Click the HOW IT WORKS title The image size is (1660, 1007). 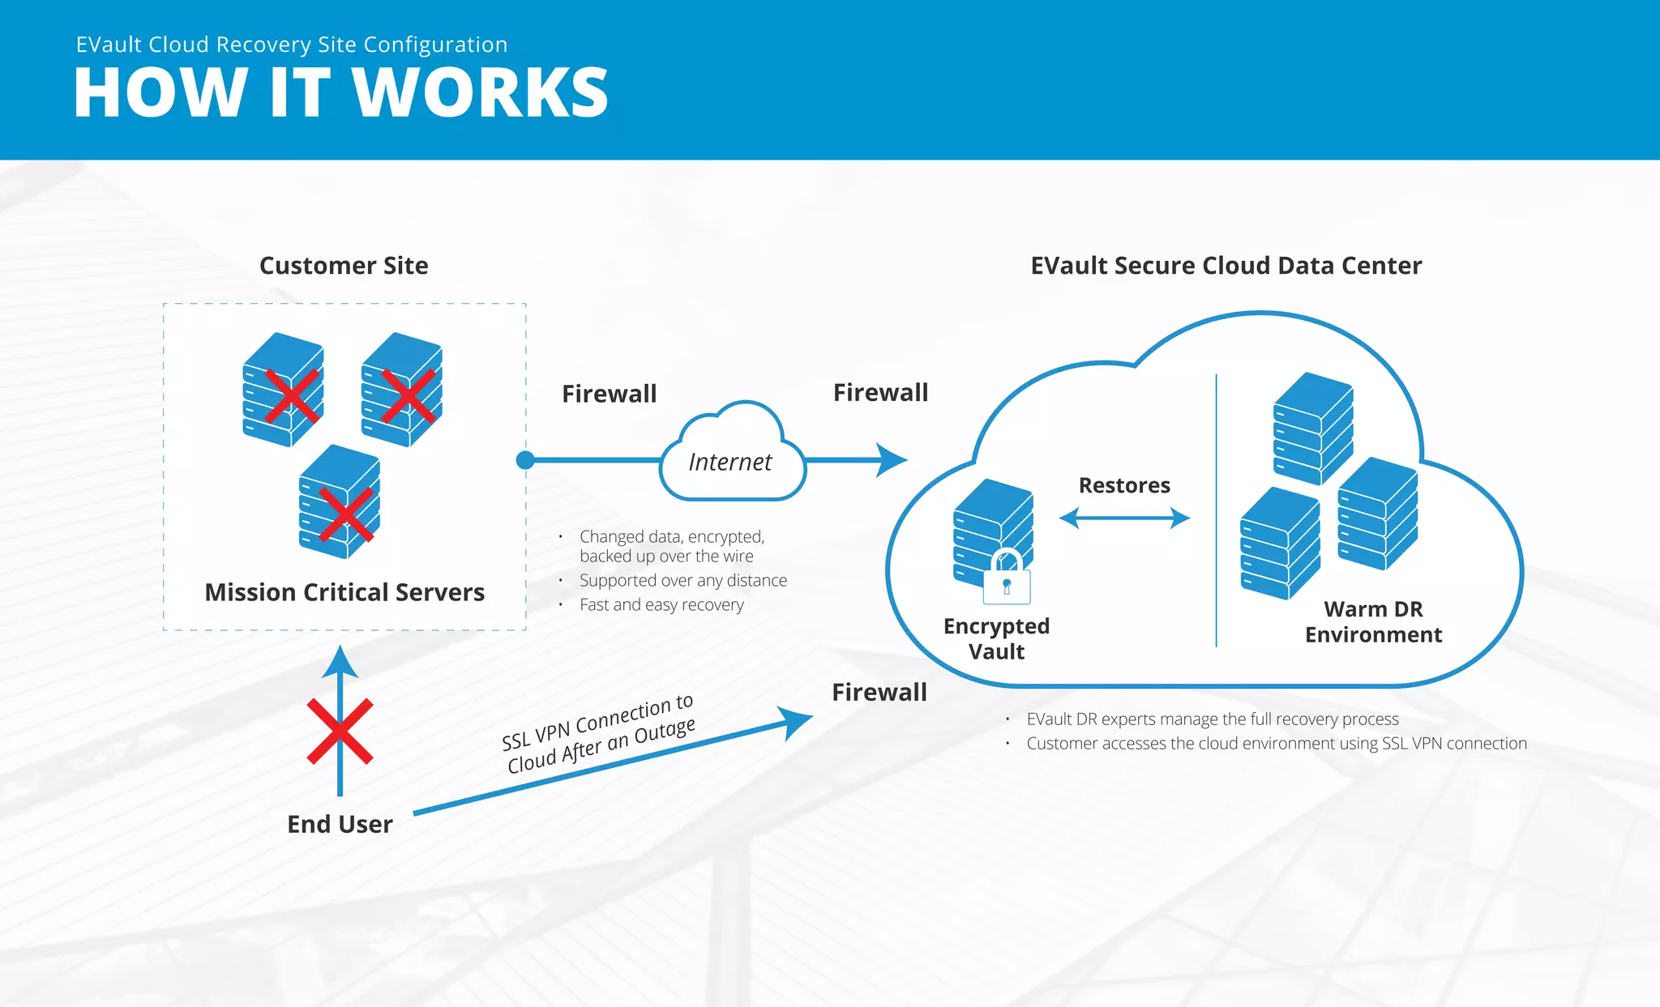pyautogui.click(x=340, y=92)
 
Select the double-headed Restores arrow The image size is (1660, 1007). pyautogui.click(x=1124, y=518)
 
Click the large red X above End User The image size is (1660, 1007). pyautogui.click(x=340, y=731)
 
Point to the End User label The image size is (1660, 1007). pyautogui.click(x=340, y=824)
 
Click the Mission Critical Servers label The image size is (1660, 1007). pyautogui.click(x=344, y=592)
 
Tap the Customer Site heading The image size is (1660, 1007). pyautogui.click(x=344, y=266)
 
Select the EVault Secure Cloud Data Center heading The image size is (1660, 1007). pyautogui.click(x=1226, y=266)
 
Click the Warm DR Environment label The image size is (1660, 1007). pyautogui.click(x=1373, y=621)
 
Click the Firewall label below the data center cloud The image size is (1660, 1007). pyautogui.click(x=879, y=692)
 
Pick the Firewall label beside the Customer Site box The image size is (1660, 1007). pyautogui.click(x=609, y=394)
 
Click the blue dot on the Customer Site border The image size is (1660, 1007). pyautogui.click(x=525, y=460)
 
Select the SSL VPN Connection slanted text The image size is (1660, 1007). pyautogui.click(x=598, y=734)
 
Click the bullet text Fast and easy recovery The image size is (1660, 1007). pyautogui.click(x=661, y=604)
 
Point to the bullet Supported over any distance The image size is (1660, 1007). pyautogui.click(x=682, y=580)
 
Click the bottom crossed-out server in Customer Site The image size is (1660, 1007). pyautogui.click(x=340, y=502)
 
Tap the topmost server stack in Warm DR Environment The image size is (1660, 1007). pyautogui.click(x=1313, y=428)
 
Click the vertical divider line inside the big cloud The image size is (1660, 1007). pyautogui.click(x=1216, y=510)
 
